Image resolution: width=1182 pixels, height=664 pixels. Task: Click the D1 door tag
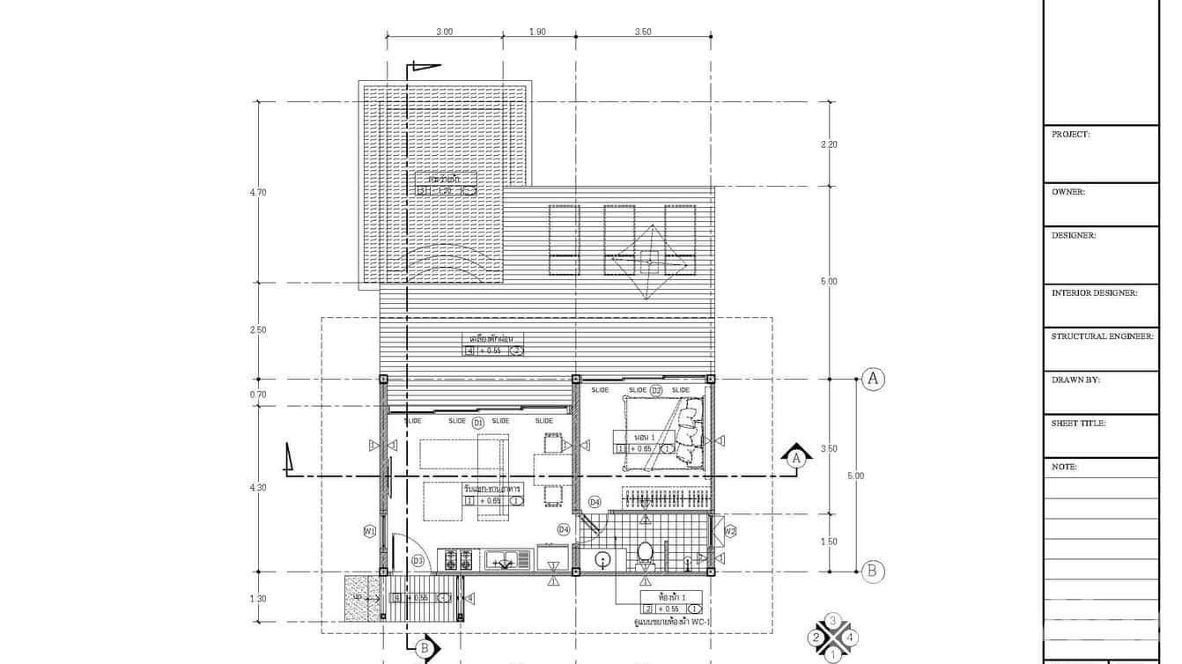tap(478, 423)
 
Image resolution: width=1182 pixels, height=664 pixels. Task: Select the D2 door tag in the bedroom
tap(656, 390)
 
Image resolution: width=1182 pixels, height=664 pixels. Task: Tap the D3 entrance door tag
tap(418, 560)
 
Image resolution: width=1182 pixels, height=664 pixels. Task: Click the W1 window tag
tap(370, 531)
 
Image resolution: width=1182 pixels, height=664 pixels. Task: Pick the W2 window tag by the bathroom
tap(730, 531)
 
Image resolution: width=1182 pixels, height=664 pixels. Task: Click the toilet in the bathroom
tap(645, 553)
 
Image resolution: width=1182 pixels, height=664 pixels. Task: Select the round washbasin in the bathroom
tap(603, 558)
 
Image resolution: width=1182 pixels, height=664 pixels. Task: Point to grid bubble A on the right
tap(872, 379)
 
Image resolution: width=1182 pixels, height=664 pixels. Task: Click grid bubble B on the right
tap(872, 571)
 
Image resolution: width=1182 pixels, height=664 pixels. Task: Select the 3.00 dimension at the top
tap(445, 32)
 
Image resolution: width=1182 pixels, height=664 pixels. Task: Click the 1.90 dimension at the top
tap(537, 32)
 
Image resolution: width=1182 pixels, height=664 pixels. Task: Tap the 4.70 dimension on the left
tap(257, 192)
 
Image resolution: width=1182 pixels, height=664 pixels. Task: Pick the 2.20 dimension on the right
tap(829, 144)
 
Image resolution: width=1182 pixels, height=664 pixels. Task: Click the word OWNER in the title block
tap(1068, 191)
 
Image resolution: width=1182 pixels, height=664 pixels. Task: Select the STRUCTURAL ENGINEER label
tap(1102, 336)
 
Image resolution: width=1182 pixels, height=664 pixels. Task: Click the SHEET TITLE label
tap(1078, 423)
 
